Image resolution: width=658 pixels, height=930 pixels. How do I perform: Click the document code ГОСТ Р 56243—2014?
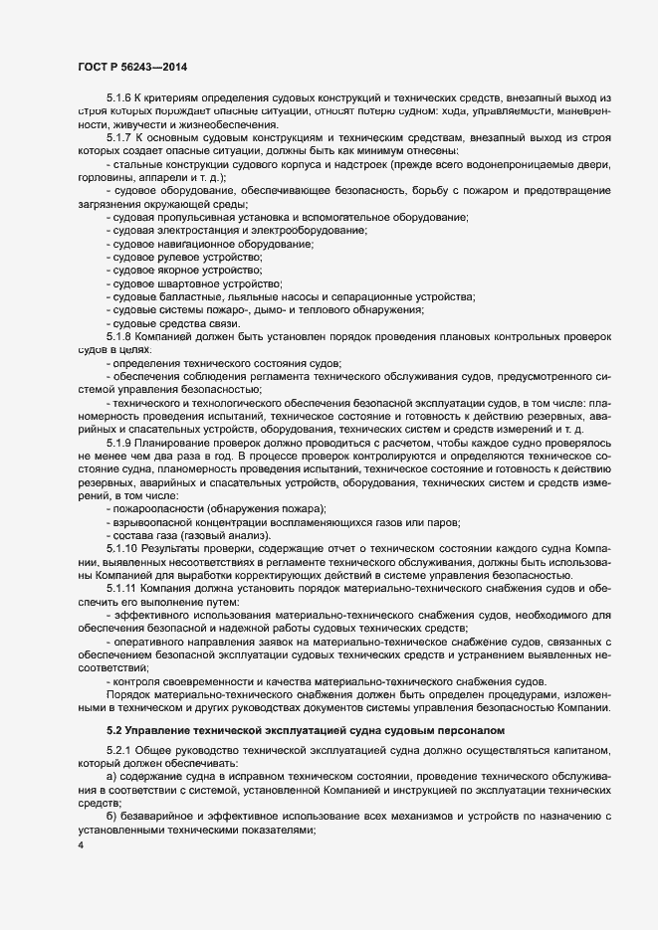click(x=131, y=66)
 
